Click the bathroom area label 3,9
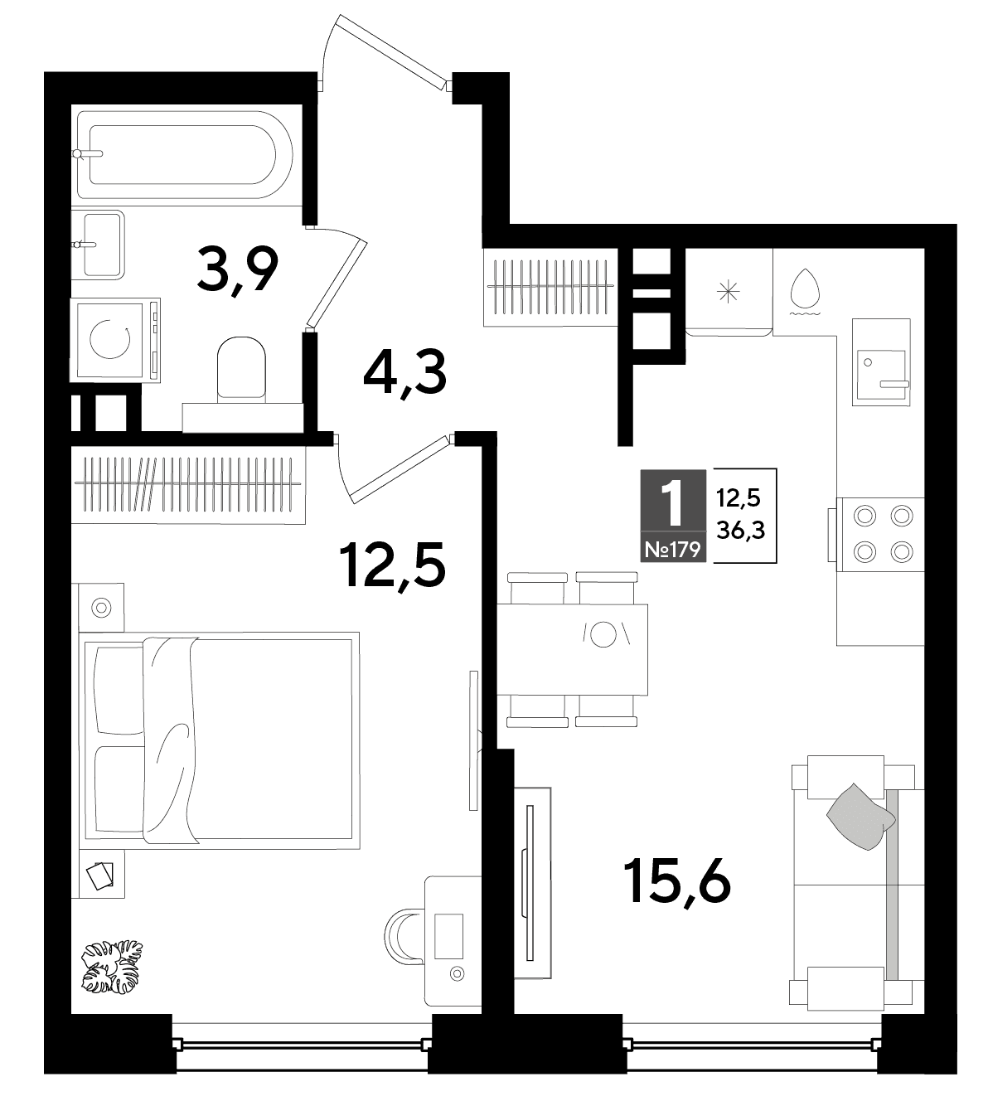click(x=238, y=271)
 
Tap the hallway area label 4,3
click(x=405, y=373)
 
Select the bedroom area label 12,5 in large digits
click(x=392, y=565)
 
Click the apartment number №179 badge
click(x=673, y=550)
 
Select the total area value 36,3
click(x=741, y=530)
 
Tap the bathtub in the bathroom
click(x=185, y=155)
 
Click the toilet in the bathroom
click(x=241, y=368)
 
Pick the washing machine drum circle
click(x=110, y=339)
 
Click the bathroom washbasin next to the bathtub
click(x=99, y=245)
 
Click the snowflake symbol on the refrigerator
click(x=729, y=292)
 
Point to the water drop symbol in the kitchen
click(x=806, y=292)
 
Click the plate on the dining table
click(x=603, y=634)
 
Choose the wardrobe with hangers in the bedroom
click(x=188, y=485)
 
